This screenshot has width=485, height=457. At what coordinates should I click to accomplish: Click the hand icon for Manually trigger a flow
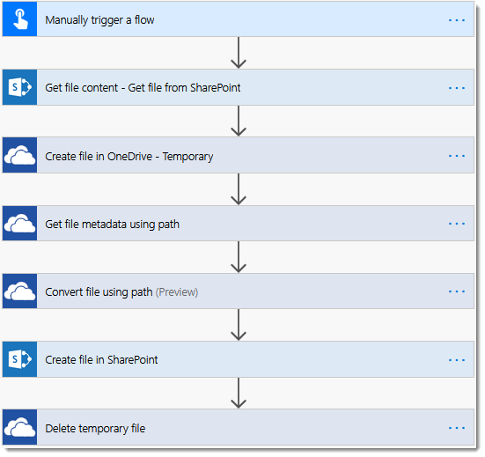pyautogui.click(x=20, y=19)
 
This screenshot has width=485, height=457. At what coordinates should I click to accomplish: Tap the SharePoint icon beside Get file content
pyautogui.click(x=19, y=87)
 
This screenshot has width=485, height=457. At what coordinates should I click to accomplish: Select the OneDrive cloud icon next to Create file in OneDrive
pyautogui.click(x=19, y=156)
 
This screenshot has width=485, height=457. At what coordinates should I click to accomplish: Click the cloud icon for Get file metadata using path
pyautogui.click(x=19, y=224)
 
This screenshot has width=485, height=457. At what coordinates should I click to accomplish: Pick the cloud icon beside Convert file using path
pyautogui.click(x=19, y=291)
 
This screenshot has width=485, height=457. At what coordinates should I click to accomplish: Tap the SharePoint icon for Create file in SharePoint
pyautogui.click(x=19, y=359)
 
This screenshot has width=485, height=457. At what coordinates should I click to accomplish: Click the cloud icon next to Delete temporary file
pyautogui.click(x=19, y=427)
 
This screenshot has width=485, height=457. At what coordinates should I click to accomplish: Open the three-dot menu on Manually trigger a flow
pyautogui.click(x=457, y=20)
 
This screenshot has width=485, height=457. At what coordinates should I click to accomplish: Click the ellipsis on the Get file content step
pyautogui.click(x=457, y=88)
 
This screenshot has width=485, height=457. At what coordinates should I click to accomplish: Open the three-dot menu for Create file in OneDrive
pyautogui.click(x=457, y=156)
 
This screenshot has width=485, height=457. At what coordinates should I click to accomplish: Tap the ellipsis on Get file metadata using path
pyautogui.click(x=457, y=224)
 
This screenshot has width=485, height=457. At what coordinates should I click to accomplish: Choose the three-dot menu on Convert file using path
pyautogui.click(x=457, y=291)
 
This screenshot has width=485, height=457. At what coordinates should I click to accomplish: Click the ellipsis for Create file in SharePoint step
pyautogui.click(x=457, y=360)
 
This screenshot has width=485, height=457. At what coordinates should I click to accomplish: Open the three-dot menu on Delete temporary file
pyautogui.click(x=457, y=428)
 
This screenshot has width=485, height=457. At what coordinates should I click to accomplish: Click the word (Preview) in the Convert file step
pyautogui.click(x=177, y=292)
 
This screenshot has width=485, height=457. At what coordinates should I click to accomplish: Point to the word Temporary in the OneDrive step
pyautogui.click(x=187, y=157)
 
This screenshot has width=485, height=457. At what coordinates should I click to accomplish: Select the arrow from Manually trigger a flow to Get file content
pyautogui.click(x=239, y=53)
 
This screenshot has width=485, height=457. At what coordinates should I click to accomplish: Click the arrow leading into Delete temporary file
pyautogui.click(x=239, y=393)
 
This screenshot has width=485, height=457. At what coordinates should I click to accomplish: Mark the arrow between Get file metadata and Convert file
pyautogui.click(x=239, y=257)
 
